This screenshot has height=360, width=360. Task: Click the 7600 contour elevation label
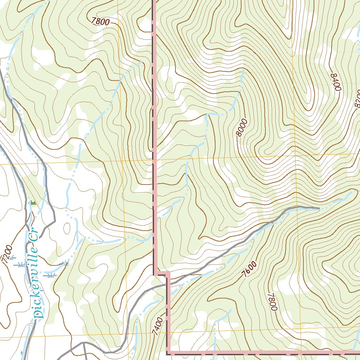pyautogui.click(x=250, y=270)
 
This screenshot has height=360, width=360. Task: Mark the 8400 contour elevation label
pyautogui.click(x=336, y=82)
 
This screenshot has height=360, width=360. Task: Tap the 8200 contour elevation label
pyautogui.click(x=356, y=98)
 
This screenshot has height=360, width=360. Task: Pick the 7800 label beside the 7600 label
pyautogui.click(x=272, y=302)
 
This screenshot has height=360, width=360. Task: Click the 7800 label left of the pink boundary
pyautogui.click(x=100, y=21)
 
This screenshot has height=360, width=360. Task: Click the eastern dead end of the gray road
pyautogui.click(x=319, y=209)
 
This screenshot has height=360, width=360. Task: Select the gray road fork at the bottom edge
pyautogui.click(x=84, y=343)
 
